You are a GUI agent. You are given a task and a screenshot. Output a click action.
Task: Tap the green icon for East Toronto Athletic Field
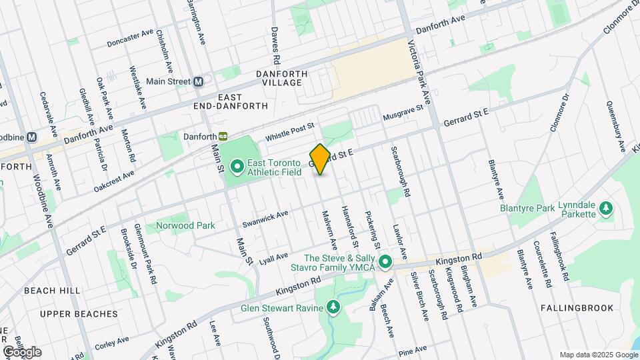(x=237, y=165)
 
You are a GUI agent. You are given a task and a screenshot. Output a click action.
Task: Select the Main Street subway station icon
(x=198, y=81)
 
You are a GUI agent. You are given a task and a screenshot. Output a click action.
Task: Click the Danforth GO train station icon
(x=224, y=136)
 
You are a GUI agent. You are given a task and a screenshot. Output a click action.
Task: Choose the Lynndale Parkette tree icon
(x=605, y=209)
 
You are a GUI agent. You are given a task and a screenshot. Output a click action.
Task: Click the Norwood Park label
(x=185, y=225)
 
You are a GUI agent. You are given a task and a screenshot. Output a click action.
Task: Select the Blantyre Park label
(x=527, y=209)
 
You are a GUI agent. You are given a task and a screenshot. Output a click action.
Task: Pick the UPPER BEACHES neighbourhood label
(x=79, y=313)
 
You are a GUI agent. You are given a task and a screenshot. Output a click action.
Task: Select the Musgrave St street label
(x=403, y=113)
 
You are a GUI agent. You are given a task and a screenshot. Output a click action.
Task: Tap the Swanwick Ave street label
(x=265, y=218)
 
